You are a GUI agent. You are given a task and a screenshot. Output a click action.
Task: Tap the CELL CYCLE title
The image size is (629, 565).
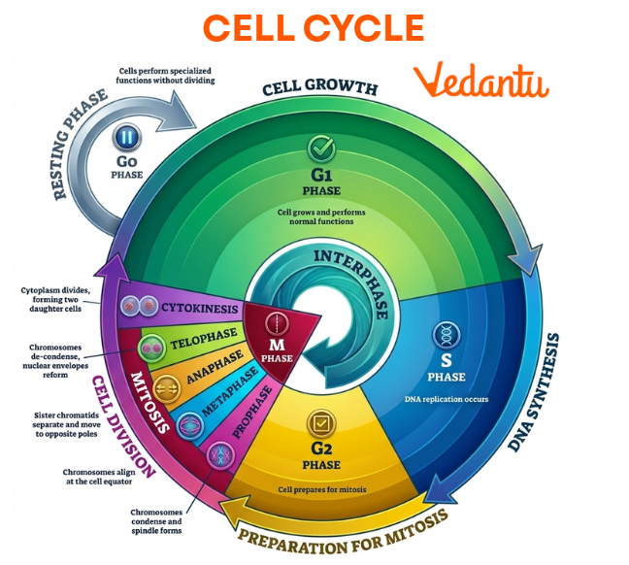[x=314, y=27]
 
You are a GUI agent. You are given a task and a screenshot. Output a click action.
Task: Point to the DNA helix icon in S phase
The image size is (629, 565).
[x=447, y=334]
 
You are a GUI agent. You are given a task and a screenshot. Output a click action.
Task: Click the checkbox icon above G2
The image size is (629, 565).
[x=321, y=422]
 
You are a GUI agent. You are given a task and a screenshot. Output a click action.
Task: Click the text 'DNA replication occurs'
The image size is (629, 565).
[x=447, y=399]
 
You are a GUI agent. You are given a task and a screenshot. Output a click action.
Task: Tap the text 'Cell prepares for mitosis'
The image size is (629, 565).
[x=321, y=489]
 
